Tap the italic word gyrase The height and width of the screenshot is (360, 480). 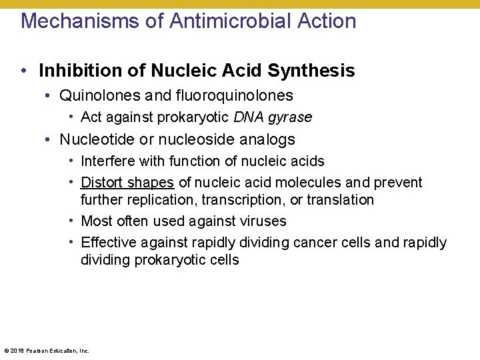pos(290,117)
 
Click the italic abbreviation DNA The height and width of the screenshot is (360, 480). pos(249,117)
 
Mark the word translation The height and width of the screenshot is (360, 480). pos(343,199)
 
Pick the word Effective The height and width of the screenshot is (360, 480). pos(109,242)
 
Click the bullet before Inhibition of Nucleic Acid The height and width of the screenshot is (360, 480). pos(23,71)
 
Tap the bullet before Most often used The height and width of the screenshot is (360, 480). pos(71,221)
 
